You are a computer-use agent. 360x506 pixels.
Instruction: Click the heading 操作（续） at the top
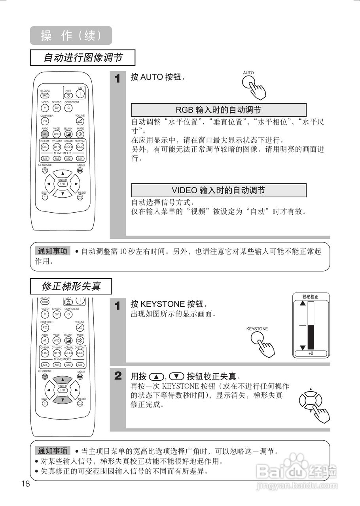(71, 36)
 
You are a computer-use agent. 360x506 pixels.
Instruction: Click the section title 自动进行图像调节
(82, 58)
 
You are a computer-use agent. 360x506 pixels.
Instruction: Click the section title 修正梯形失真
(71, 286)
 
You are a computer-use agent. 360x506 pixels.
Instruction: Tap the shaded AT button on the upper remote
(45, 134)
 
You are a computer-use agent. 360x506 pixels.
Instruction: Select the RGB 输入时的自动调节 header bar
(218, 110)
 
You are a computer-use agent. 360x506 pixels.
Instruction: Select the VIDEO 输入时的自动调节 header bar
(218, 190)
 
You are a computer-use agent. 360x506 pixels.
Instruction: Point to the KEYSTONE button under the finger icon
(258, 338)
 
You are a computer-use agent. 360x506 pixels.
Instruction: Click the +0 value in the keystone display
(311, 353)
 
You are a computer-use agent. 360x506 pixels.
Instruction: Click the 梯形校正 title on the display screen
(311, 296)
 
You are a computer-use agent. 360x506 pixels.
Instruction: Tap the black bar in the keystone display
(311, 337)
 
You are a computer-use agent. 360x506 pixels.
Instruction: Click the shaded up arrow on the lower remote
(63, 379)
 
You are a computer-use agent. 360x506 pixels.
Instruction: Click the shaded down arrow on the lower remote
(63, 400)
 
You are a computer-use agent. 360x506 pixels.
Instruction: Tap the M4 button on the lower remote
(80, 364)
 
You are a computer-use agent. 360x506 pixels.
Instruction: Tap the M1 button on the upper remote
(45, 158)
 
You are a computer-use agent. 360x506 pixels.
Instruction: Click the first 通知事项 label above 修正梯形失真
(53, 251)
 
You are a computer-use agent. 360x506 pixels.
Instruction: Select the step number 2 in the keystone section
(117, 376)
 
